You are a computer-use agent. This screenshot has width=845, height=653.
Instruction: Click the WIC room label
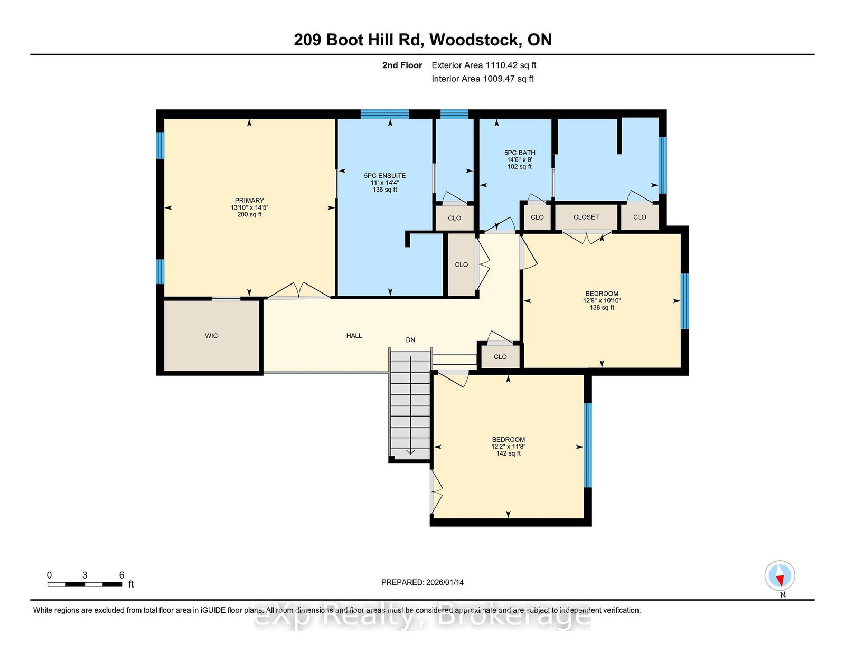(x=211, y=336)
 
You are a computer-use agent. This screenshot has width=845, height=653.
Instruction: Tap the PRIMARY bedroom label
(x=249, y=201)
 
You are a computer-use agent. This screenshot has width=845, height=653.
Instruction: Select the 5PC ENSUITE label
(x=384, y=176)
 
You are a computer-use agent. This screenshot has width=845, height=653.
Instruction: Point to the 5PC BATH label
(x=520, y=153)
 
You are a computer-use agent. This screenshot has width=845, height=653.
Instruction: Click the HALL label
(x=354, y=336)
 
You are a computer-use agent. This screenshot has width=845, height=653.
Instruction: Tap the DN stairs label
(x=410, y=340)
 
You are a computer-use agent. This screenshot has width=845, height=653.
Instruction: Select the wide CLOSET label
(x=586, y=217)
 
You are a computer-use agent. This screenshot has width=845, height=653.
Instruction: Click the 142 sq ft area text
(x=508, y=453)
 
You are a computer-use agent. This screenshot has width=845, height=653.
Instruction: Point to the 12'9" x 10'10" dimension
(x=602, y=300)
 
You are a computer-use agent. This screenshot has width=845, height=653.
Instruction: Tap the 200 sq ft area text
(x=249, y=215)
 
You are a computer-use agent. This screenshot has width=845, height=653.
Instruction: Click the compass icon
(x=780, y=575)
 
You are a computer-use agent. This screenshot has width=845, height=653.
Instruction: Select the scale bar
(x=84, y=584)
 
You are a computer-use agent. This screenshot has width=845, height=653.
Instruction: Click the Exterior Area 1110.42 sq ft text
(x=484, y=65)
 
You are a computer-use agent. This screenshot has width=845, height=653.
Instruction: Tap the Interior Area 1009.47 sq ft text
(x=482, y=79)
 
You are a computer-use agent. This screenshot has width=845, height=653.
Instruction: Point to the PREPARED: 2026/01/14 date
(x=422, y=582)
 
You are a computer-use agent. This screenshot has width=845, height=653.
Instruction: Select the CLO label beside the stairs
(x=500, y=357)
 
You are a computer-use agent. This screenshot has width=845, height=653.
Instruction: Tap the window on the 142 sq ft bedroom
(x=587, y=444)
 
